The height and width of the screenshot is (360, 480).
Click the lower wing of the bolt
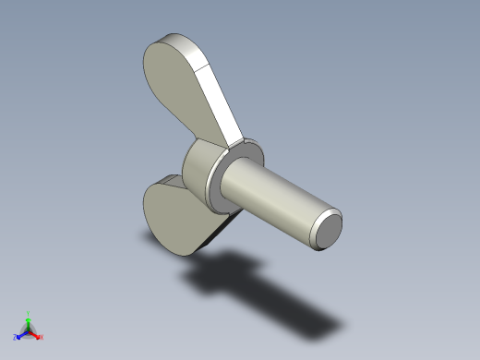click(180, 217)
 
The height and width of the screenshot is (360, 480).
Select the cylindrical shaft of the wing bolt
click(277, 198)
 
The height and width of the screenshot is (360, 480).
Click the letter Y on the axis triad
click(29, 312)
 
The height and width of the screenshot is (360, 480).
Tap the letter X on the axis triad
click(42, 337)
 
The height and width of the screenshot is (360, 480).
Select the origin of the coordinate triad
click(29, 330)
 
